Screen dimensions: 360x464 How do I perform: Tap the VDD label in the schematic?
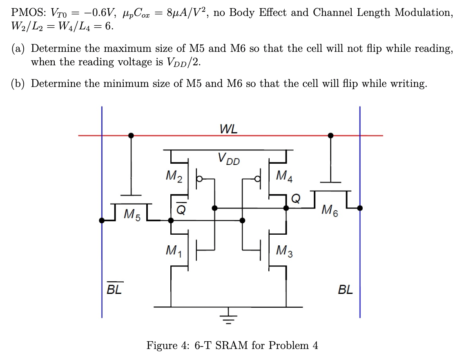(x=228, y=158)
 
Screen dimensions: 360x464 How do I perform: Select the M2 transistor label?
(x=175, y=176)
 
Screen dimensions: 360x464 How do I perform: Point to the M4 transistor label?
(x=284, y=176)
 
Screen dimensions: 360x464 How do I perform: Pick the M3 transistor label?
(x=284, y=249)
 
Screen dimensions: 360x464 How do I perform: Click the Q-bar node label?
(x=180, y=209)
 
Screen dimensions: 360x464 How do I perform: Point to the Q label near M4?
(x=297, y=198)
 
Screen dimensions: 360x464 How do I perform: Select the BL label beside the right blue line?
(x=345, y=290)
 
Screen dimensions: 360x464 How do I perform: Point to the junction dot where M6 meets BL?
(x=360, y=208)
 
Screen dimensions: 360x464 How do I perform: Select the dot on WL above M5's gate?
(x=131, y=135)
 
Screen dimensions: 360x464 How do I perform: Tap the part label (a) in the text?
(x=19, y=49)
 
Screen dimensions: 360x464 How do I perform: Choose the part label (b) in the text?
(x=19, y=84)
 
